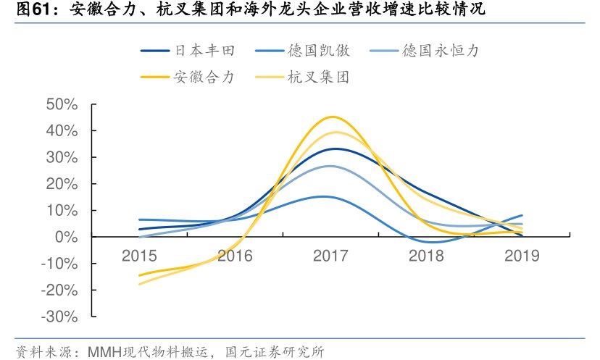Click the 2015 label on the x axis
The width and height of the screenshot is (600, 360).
(x=138, y=255)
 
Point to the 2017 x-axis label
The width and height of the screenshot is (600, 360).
(x=330, y=255)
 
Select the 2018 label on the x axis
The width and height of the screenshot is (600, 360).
(x=427, y=255)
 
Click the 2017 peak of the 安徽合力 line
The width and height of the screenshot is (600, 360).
(x=332, y=117)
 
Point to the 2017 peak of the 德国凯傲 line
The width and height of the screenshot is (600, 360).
(x=326, y=196)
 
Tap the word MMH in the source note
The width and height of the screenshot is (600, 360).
(x=104, y=351)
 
